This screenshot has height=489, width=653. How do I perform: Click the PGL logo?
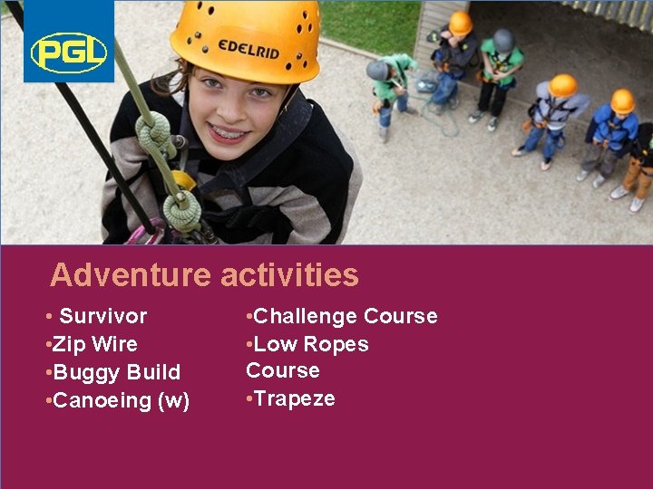click(x=69, y=52)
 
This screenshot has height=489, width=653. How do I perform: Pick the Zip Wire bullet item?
click(x=91, y=344)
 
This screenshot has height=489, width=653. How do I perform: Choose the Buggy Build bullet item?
click(x=112, y=372)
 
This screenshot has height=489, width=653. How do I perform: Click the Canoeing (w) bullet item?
click(x=117, y=400)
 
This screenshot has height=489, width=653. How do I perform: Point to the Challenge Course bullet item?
click(x=342, y=316)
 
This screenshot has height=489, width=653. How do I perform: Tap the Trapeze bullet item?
click(x=291, y=398)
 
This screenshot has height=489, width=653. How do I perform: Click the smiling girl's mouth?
click(x=229, y=133)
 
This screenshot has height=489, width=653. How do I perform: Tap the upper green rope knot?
click(x=154, y=134)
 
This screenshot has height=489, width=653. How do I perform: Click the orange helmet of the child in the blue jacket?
click(x=622, y=101)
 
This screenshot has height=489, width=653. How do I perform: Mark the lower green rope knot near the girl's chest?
click(x=181, y=210)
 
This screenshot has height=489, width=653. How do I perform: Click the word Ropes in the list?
click(x=336, y=344)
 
